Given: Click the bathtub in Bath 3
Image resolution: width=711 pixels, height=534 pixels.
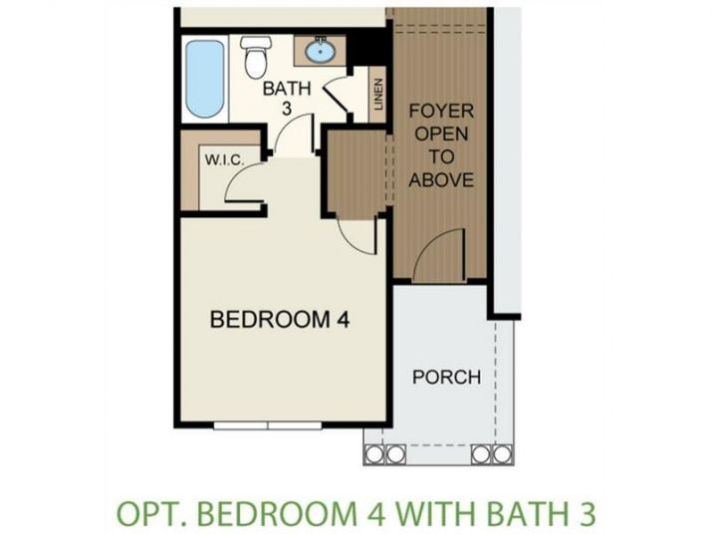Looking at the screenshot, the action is [205, 79].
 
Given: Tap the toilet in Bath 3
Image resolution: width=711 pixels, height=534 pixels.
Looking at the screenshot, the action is [256, 57].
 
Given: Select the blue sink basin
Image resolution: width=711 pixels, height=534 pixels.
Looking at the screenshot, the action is [321, 51].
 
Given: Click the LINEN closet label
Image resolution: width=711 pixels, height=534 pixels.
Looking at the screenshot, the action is [378, 95].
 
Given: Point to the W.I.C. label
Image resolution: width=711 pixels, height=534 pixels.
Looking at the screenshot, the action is [225, 160].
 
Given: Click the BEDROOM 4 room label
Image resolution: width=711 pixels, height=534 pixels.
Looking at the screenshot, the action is [280, 320].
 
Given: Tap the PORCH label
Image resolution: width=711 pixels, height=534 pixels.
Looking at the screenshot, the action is [447, 377].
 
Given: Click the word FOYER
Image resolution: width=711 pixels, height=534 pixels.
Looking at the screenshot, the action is [442, 112].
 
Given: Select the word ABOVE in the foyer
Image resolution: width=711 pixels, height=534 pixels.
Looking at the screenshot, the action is [441, 179].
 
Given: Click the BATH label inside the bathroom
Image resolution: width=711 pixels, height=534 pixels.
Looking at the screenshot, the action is [287, 89].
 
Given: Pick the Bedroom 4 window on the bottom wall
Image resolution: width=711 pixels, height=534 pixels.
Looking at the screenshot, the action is [268, 425].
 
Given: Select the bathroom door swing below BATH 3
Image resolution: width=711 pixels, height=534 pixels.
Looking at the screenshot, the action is [295, 133].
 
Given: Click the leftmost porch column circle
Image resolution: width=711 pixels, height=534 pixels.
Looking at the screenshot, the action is [374, 454].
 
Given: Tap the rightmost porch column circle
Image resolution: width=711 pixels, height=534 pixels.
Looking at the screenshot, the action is [503, 454].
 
